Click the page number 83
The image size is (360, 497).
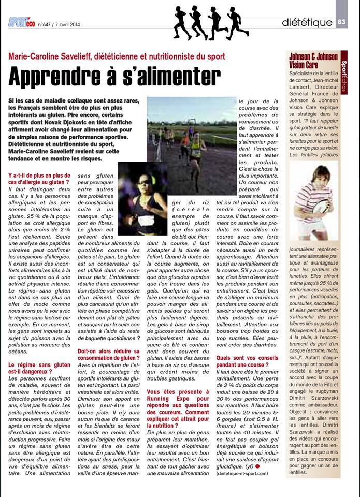click(342, 22)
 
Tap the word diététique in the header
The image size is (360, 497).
click(306, 22)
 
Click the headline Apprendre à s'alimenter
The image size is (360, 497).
click(114, 77)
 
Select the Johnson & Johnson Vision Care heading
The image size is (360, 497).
click(313, 61)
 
